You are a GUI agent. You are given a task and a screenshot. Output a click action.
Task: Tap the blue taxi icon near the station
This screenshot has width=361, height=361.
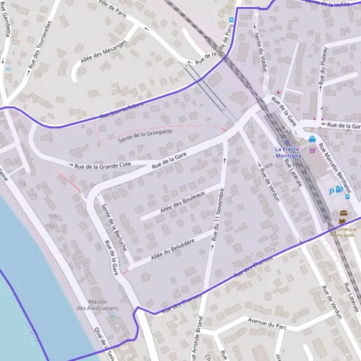[x=312, y=140]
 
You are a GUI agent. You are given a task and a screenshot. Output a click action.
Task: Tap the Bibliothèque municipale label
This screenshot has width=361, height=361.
[x=341, y=232]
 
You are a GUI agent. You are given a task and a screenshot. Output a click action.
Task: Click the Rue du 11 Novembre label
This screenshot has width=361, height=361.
[x=220, y=215]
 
